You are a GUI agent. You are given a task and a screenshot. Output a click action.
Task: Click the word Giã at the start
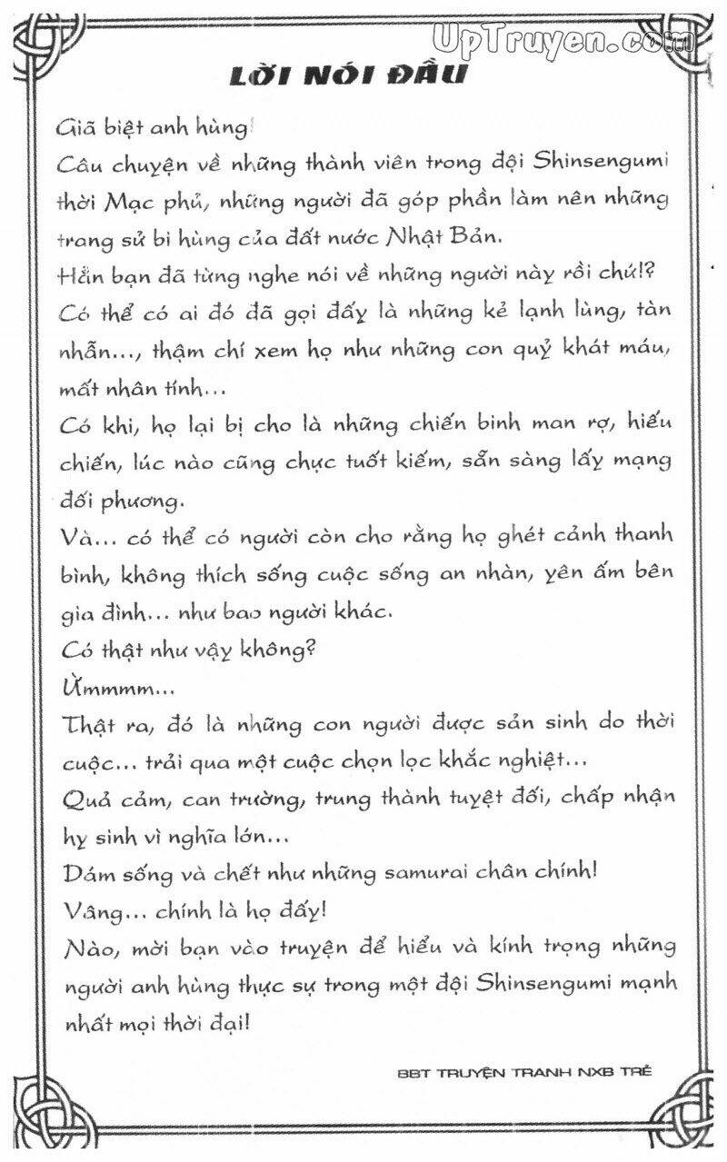(75, 128)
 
